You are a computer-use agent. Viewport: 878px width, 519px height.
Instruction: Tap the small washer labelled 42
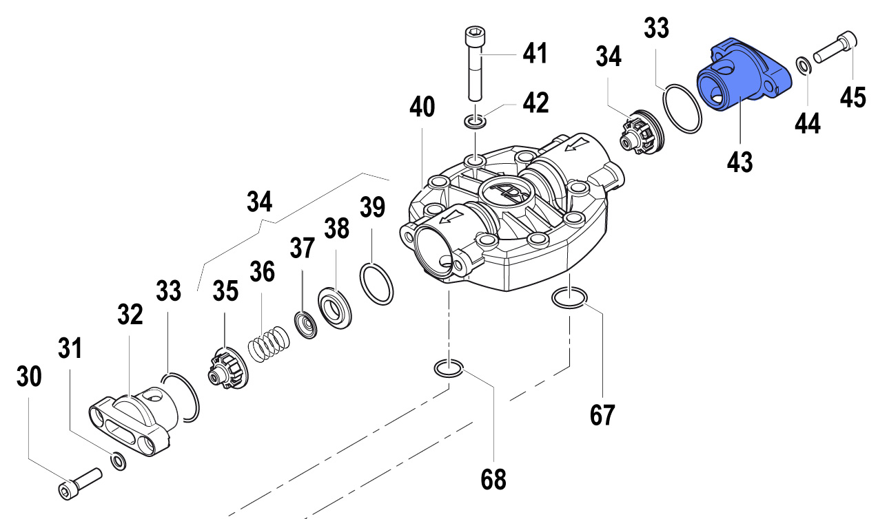(474, 122)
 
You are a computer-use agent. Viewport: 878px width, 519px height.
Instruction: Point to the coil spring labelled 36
(268, 343)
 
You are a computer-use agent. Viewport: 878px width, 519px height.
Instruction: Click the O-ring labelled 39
(377, 283)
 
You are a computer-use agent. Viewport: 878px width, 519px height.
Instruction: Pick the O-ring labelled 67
(569, 298)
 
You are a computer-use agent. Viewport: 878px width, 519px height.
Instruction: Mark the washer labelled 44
(803, 66)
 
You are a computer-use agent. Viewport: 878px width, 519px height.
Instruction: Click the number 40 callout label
(422, 108)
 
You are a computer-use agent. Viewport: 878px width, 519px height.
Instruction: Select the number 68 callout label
(492, 478)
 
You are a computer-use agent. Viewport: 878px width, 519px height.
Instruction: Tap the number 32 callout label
(130, 315)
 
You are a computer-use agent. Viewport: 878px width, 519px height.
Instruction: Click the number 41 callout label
(534, 53)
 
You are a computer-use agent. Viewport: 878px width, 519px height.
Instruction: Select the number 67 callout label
(601, 414)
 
